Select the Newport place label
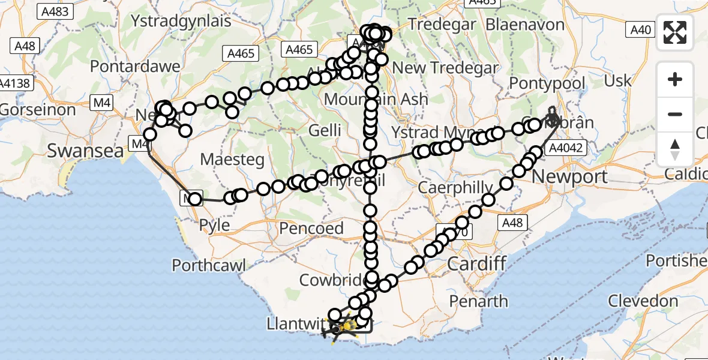click(569, 177)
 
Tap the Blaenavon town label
click(525, 25)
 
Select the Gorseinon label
click(38, 110)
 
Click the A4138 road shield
click(16, 83)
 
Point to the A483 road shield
click(55, 11)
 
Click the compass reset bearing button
click(675, 149)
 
